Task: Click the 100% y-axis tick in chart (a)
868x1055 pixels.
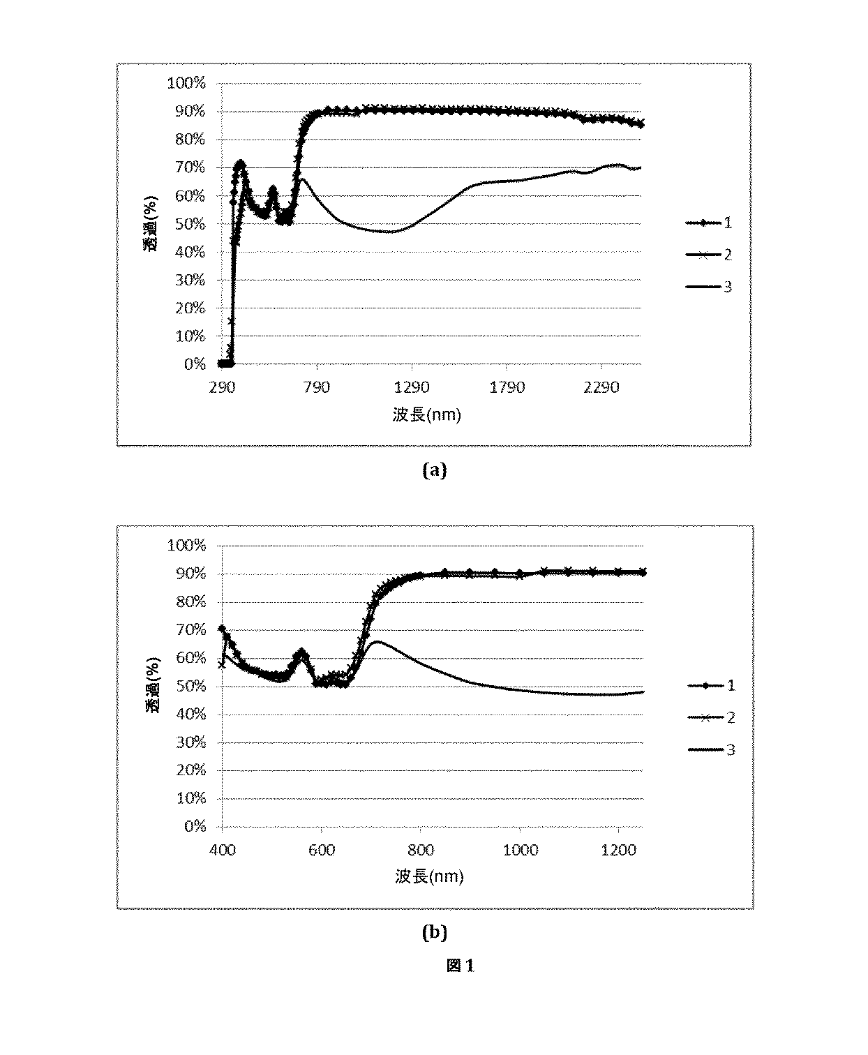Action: (186, 83)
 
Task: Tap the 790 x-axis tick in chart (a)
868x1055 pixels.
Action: (317, 387)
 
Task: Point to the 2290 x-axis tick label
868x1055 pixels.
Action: (601, 387)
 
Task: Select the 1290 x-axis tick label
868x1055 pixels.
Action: (412, 387)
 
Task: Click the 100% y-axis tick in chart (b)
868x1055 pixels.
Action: (186, 545)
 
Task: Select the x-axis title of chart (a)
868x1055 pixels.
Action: (426, 415)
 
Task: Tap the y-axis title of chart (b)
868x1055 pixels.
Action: (153, 686)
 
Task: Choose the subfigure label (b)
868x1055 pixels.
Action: (434, 932)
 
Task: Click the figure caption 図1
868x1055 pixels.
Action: (461, 966)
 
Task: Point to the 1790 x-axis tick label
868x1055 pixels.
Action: (507, 387)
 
